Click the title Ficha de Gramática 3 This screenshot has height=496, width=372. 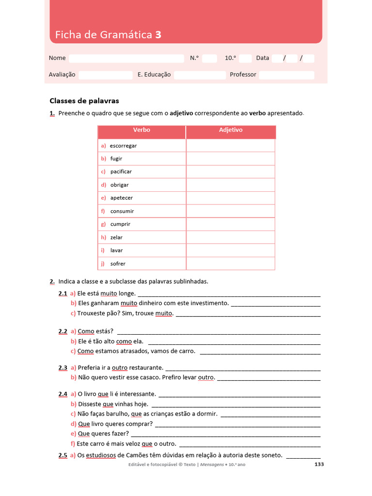pyautogui.click(x=108, y=34)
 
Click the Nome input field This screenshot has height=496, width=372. pyautogui.click(x=126, y=58)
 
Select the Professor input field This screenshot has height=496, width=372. pyautogui.click(x=286, y=75)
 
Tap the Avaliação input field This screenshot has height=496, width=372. pyautogui.click(x=106, y=75)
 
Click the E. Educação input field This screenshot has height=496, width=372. pyautogui.click(x=200, y=75)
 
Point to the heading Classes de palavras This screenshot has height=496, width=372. pyautogui.click(x=84, y=101)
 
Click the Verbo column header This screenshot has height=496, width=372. pyautogui.click(x=141, y=130)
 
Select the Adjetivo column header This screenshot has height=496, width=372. pyautogui.click(x=231, y=130)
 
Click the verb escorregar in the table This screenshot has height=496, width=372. pyautogui.click(x=123, y=145)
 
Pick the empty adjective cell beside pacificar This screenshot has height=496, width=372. pyautogui.click(x=231, y=171)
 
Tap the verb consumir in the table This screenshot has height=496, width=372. pyautogui.click(x=122, y=211)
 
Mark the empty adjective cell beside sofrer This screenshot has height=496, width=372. pyautogui.click(x=231, y=263)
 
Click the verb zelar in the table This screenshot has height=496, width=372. pyautogui.click(x=116, y=237)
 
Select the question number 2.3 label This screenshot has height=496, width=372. pyautogui.click(x=63, y=368)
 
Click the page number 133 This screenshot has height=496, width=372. pyautogui.click(x=319, y=465)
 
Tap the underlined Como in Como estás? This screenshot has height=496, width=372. pyautogui.click(x=86, y=331)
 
